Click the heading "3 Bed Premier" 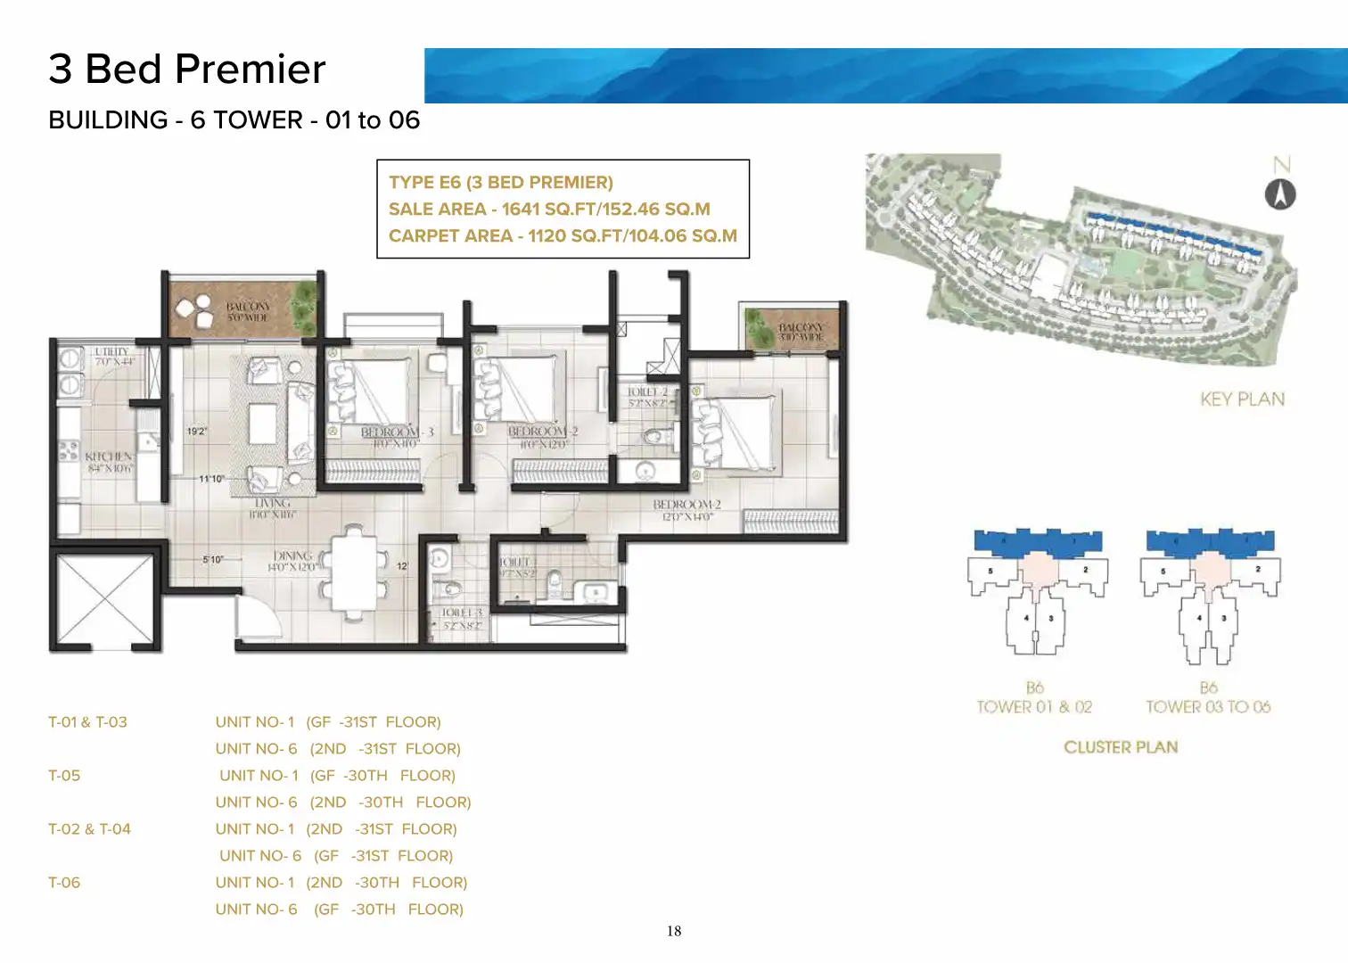tap(187, 70)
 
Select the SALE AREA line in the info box tap(549, 210)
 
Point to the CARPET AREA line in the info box tap(563, 236)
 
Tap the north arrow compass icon tap(1280, 194)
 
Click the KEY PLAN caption tap(1242, 399)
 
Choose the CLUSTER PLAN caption tap(1121, 747)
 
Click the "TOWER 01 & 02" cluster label tap(1034, 707)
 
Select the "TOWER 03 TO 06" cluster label tap(1208, 707)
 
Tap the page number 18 tap(674, 931)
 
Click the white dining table tap(354, 571)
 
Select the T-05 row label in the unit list tap(64, 776)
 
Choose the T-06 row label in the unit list tap(64, 883)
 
